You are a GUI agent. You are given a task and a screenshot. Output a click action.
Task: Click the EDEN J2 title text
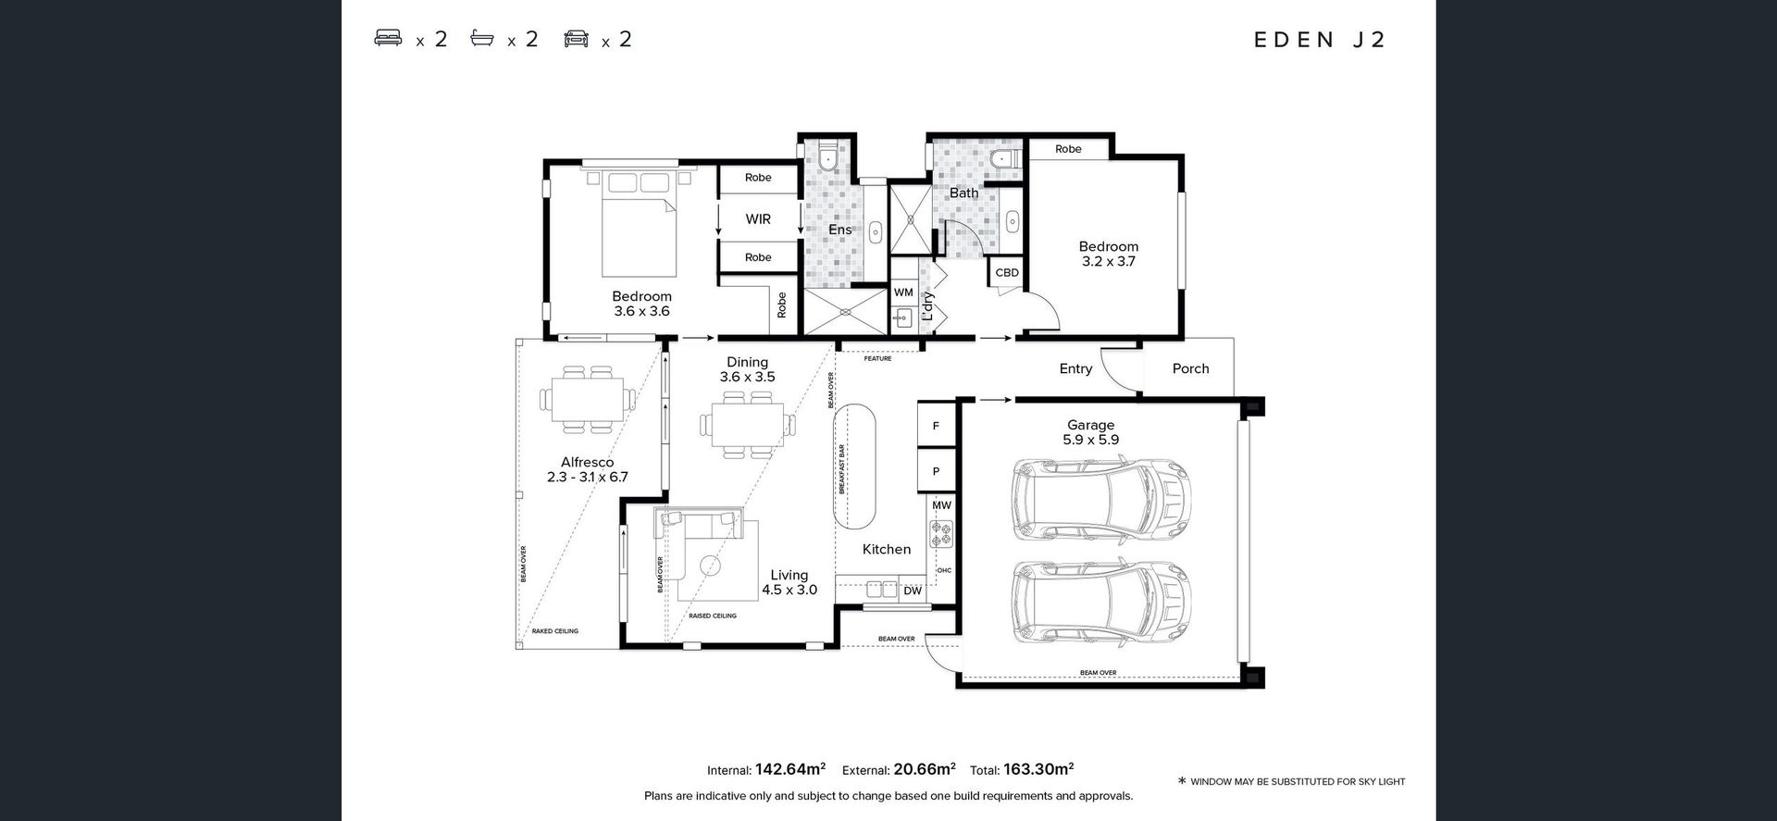tap(1320, 40)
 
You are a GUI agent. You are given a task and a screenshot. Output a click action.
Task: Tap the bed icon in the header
tap(388, 38)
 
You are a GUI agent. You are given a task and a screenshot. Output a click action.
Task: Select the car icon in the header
tap(576, 38)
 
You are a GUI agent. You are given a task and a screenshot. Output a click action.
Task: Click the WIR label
tap(758, 219)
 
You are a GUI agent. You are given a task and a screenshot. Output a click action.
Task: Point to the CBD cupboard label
tap(1007, 273)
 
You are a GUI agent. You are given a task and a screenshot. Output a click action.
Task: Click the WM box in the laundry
tap(904, 292)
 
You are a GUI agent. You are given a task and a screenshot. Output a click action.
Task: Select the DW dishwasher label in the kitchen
tap(913, 591)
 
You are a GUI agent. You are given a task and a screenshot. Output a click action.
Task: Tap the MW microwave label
tap(941, 506)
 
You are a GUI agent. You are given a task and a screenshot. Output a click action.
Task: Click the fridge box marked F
tap(936, 426)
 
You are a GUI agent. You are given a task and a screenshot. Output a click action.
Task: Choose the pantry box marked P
tap(936, 471)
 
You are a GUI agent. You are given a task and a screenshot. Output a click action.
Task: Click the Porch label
tap(1190, 368)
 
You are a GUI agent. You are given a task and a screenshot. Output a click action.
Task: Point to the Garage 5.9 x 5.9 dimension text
tap(1091, 440)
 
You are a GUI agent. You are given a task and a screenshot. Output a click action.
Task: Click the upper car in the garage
tap(1100, 500)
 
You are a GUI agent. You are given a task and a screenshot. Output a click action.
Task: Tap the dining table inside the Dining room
tap(748, 425)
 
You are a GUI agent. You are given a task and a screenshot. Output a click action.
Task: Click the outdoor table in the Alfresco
tap(588, 400)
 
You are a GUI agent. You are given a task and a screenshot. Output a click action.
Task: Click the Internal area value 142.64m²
tap(790, 769)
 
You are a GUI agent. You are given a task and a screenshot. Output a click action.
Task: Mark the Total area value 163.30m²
tap(1038, 769)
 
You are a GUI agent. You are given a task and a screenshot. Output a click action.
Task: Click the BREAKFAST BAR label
tap(842, 469)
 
